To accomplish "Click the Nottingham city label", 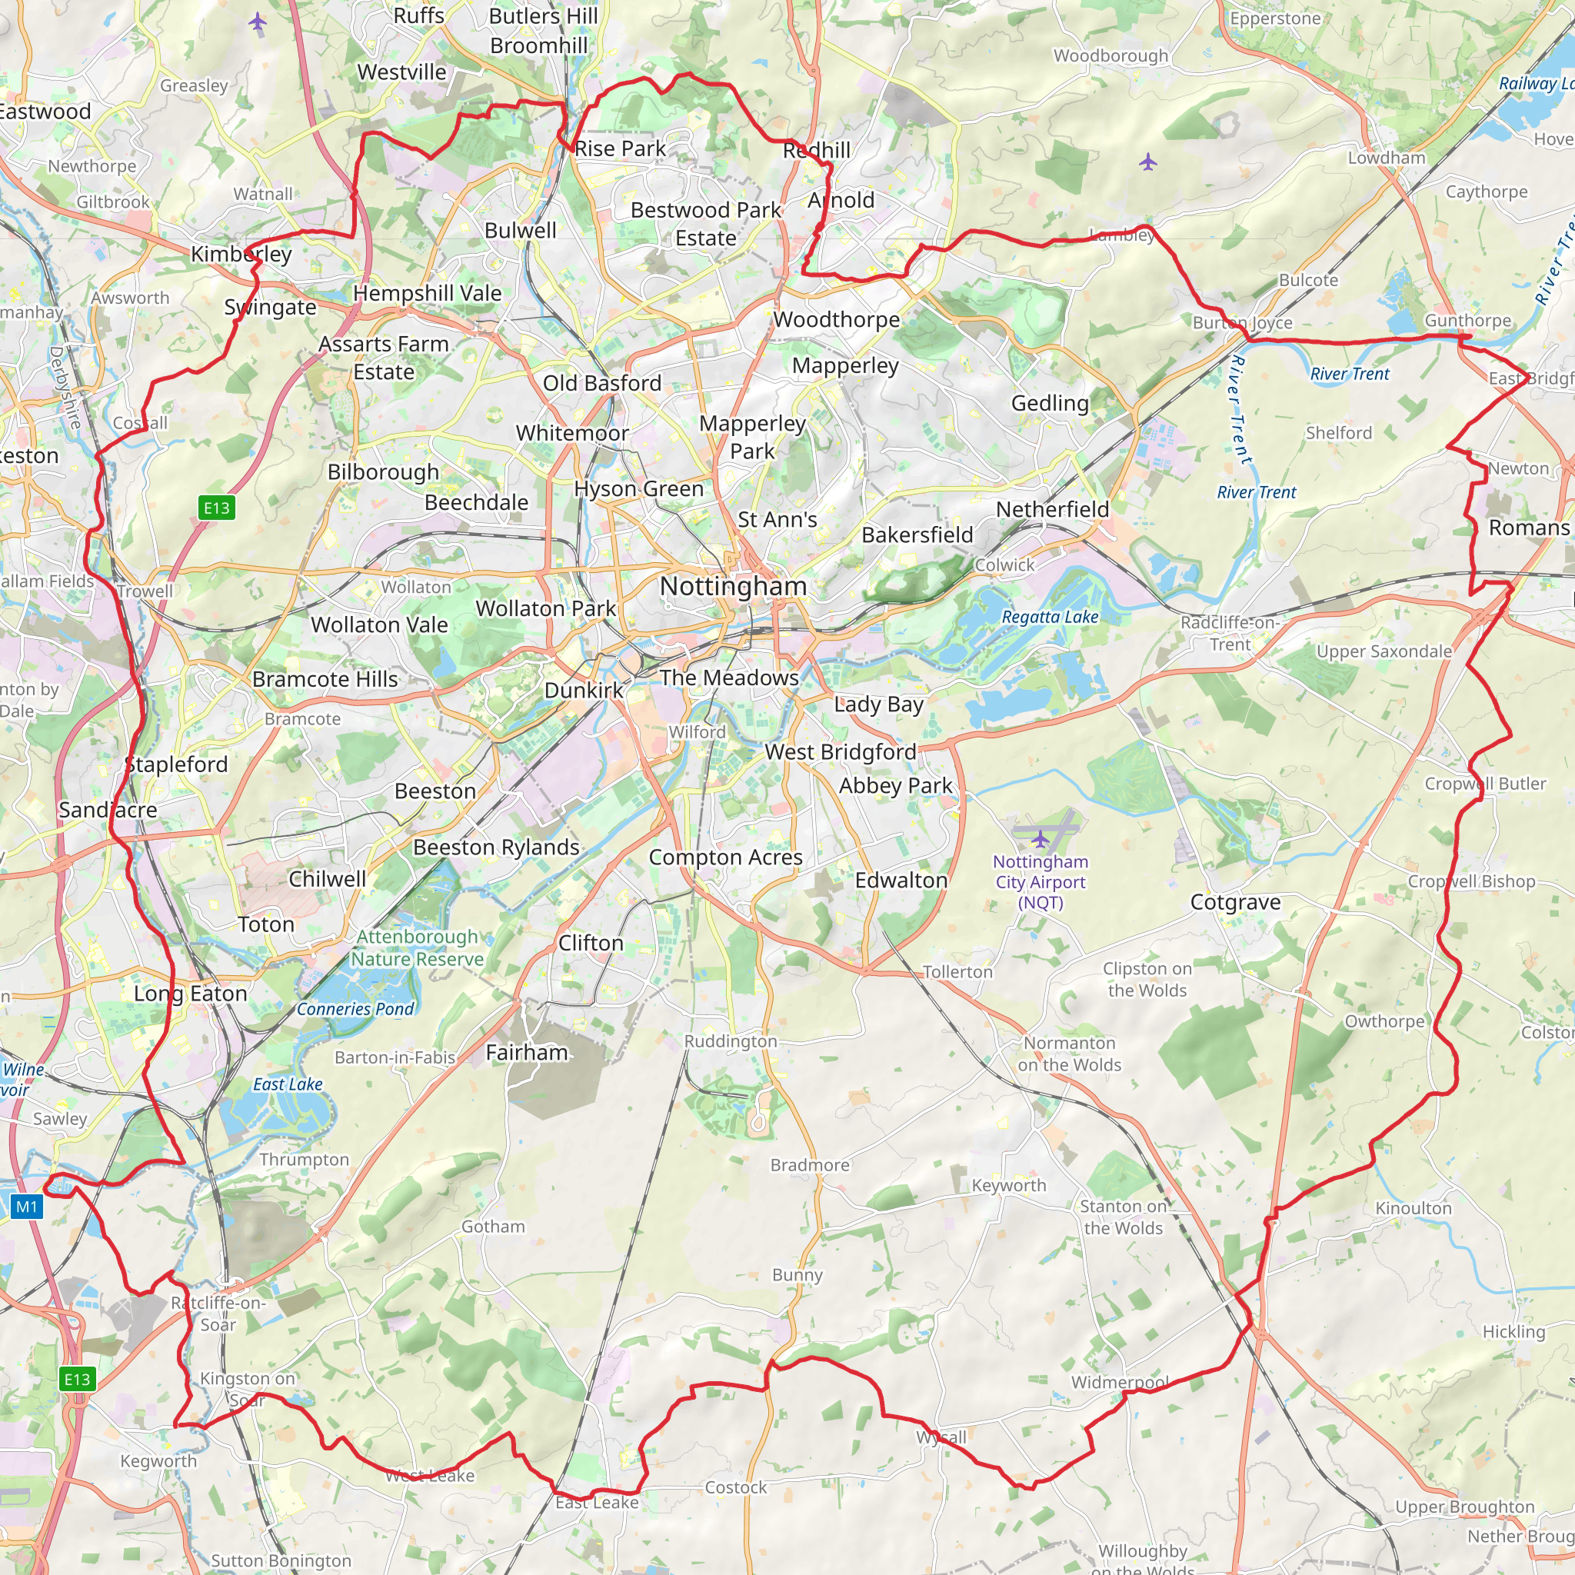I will (x=733, y=586).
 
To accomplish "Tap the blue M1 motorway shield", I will (x=27, y=1207).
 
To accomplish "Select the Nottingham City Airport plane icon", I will (x=1041, y=838).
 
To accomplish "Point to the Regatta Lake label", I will (x=1050, y=617).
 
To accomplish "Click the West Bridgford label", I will (x=840, y=751).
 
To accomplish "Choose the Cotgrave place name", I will (x=1235, y=902).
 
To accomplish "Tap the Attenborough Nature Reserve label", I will (x=418, y=948).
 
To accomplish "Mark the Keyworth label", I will (x=1008, y=1185).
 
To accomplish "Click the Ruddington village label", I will (x=731, y=1041).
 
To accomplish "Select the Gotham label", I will (x=493, y=1226).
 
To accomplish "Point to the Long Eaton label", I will (x=190, y=994).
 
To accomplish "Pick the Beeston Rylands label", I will (x=496, y=847).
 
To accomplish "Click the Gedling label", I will (x=1050, y=403).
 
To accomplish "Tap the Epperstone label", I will (x=1275, y=18).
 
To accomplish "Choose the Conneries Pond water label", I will (x=355, y=1008).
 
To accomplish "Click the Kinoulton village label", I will (x=1414, y=1208).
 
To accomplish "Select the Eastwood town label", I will (x=44, y=112).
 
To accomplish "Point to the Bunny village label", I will (x=797, y=1275).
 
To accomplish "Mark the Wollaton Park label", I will (x=546, y=609).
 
